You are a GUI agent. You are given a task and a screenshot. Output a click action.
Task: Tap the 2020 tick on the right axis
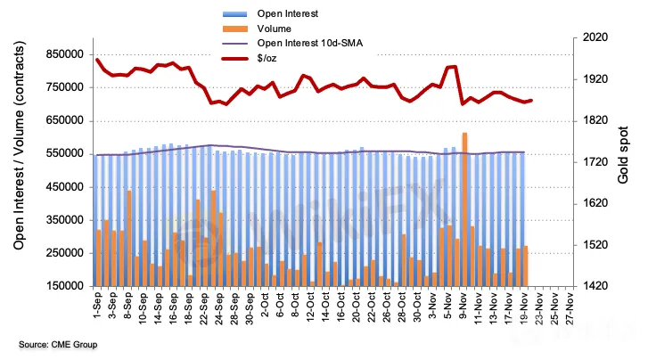coord(595,38)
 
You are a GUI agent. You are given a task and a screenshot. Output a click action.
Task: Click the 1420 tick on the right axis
coord(595,286)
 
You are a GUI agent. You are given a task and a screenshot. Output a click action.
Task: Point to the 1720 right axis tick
coord(595,162)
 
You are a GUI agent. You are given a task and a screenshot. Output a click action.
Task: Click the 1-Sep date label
coord(98,308)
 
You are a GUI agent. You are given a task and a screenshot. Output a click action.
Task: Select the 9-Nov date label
coord(464,308)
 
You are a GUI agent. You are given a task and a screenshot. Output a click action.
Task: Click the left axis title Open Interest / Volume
coord(18,160)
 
